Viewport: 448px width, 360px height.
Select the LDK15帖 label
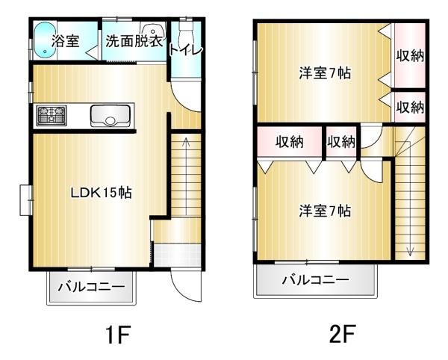coord(102,193)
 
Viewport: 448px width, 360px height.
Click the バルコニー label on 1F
coord(91,288)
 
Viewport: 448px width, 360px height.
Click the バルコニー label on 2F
coord(315,281)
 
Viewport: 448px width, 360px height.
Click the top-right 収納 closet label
coord(410,56)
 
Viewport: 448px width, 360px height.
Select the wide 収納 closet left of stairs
coord(290,142)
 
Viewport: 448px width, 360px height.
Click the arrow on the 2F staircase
coord(409,250)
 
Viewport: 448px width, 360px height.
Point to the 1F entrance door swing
coord(183,284)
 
